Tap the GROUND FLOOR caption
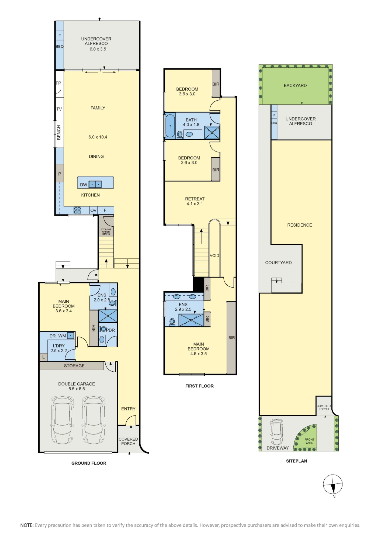point(89,463)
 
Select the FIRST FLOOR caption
point(199,386)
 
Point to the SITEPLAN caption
point(296,461)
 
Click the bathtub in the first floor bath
point(170,126)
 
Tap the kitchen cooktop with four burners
point(77,210)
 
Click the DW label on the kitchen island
point(84,185)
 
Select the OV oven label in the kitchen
point(93,210)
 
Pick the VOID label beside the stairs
point(214,255)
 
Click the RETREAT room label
point(195,199)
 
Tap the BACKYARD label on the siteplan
point(295,85)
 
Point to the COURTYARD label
point(278,262)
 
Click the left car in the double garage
point(62,420)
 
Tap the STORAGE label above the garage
point(74,366)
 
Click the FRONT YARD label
point(309,441)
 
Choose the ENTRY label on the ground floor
point(128,409)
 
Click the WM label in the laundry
point(62,336)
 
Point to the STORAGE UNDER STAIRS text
point(106,232)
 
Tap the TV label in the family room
point(59,109)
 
